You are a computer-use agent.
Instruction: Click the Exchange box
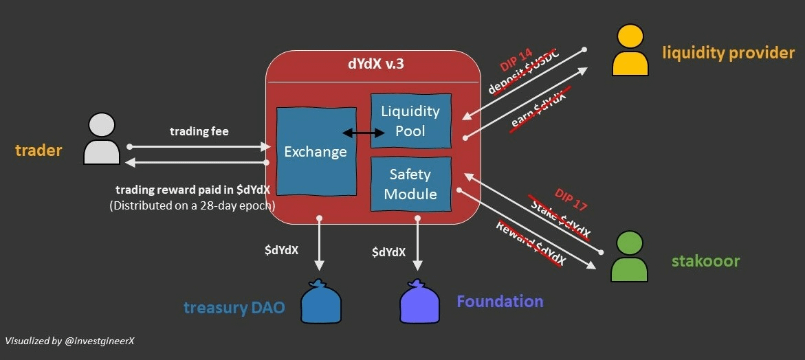tap(316, 152)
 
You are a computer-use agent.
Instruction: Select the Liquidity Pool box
tap(410, 121)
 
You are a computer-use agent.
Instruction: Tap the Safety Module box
tap(410, 184)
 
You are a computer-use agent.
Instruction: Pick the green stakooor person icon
tap(630, 256)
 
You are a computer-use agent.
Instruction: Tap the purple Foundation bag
tap(420, 302)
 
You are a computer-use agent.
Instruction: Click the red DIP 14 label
tap(517, 60)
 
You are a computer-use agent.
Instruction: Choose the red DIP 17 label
tap(570, 199)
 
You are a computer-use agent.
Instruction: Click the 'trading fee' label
tap(199, 131)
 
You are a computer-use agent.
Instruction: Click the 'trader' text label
tap(38, 150)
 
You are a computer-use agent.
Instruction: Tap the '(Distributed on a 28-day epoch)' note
tap(192, 205)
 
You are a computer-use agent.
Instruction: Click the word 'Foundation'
tap(500, 301)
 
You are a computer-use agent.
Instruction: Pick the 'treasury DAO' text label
tap(234, 307)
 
